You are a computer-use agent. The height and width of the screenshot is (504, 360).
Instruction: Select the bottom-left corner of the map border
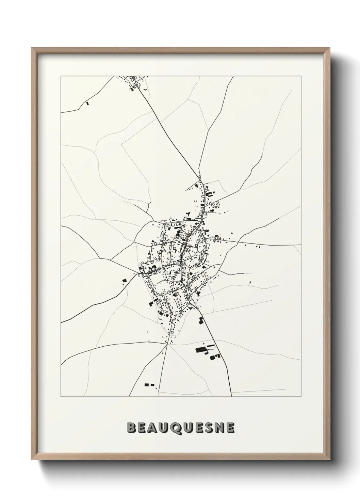coord(61,397)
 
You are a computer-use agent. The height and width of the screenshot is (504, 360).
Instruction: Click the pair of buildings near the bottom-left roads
coord(149,385)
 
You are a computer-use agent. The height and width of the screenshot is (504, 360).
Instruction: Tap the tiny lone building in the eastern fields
coord(250,282)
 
